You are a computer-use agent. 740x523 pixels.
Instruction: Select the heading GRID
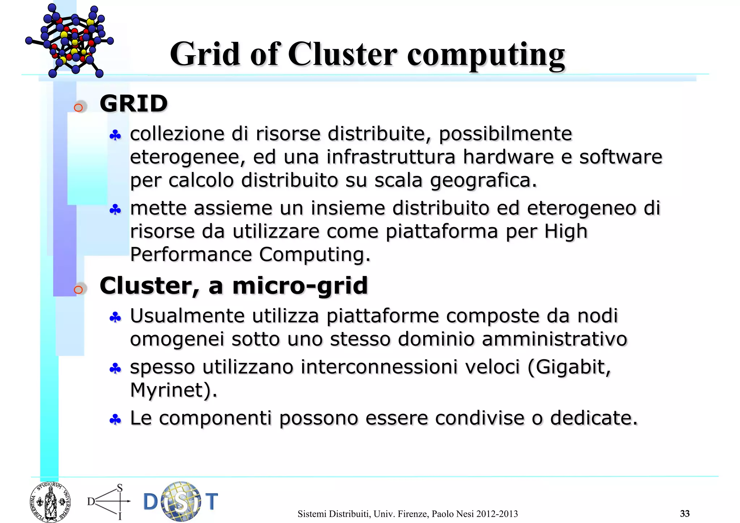point(134,104)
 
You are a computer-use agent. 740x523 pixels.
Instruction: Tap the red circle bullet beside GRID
point(78,108)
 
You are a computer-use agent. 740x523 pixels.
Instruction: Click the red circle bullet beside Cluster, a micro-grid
point(78,290)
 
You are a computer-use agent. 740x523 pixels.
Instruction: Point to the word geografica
point(483,181)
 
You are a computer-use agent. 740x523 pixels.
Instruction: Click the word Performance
point(191,255)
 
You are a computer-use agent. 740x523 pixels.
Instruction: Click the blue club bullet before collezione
point(115,136)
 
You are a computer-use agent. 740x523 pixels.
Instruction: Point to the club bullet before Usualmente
point(115,318)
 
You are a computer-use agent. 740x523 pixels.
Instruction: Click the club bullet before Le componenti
point(115,420)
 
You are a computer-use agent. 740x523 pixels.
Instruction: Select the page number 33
point(685,514)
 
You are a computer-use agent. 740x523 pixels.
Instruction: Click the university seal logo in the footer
point(50,502)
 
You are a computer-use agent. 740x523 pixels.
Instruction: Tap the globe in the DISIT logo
point(181,501)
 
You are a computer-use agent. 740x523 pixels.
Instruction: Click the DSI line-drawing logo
point(109,502)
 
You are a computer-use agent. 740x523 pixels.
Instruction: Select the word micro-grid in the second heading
point(300,286)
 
